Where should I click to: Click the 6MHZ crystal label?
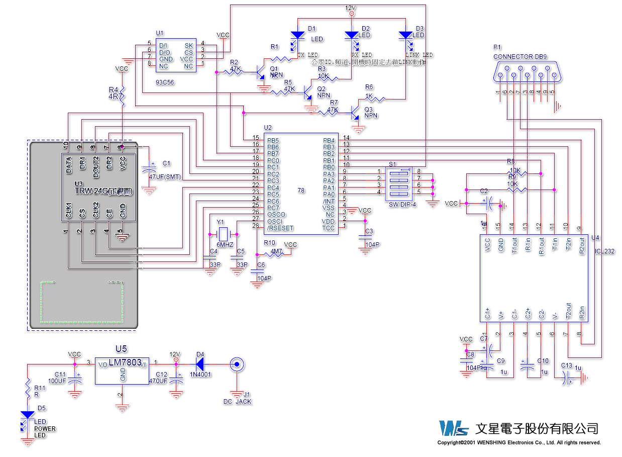(x=225, y=244)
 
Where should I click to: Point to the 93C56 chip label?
(x=165, y=82)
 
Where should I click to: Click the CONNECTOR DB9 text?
(x=520, y=57)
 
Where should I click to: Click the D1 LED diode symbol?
(x=297, y=35)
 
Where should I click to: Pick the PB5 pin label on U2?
(x=273, y=140)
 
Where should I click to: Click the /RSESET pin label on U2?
(x=280, y=228)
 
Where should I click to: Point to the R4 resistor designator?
(x=114, y=89)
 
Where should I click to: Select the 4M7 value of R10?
(x=276, y=251)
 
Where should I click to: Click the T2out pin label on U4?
(x=568, y=311)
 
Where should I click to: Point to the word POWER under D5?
(x=45, y=429)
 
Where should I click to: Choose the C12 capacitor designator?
(x=161, y=375)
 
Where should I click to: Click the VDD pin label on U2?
(x=328, y=221)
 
